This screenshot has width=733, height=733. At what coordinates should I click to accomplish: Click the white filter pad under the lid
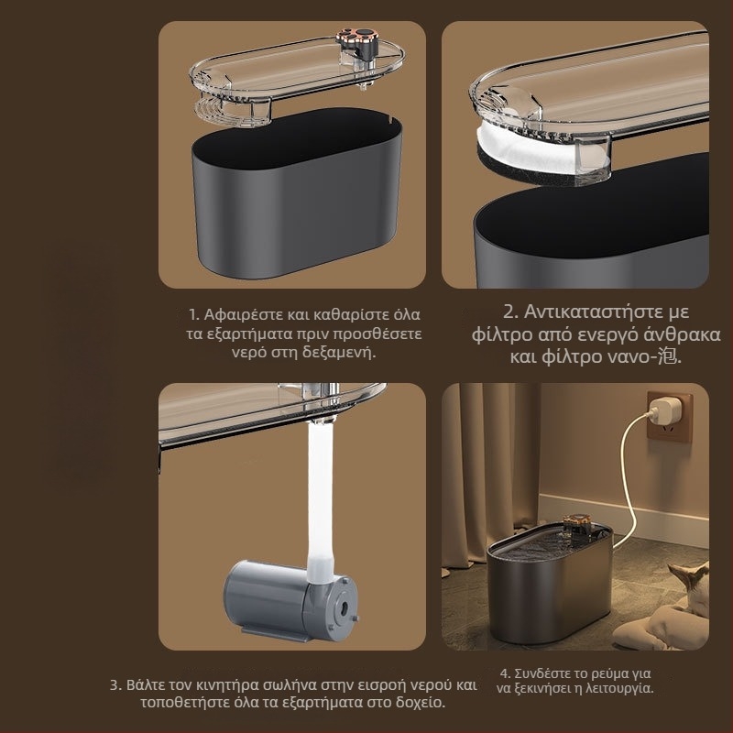tap(529, 148)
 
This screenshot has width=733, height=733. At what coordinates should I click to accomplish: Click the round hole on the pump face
tap(344, 607)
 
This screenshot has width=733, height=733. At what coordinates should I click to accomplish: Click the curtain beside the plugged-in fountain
tap(490, 472)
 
